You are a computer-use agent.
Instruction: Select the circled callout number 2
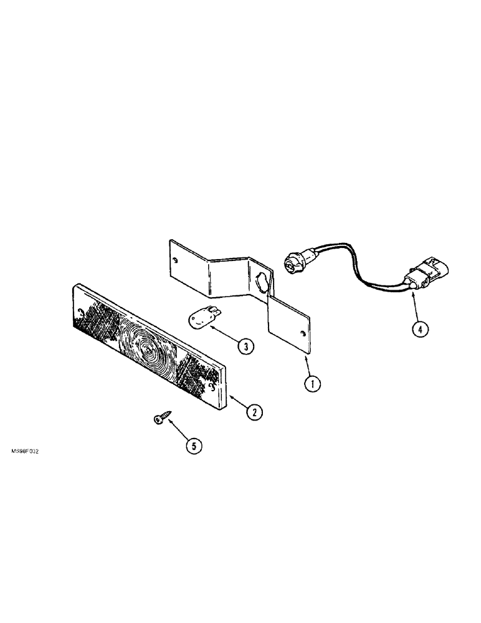253,411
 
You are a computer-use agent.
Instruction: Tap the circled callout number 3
247,347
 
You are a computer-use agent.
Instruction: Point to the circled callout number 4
421,331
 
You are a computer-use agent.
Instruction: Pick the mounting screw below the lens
161,419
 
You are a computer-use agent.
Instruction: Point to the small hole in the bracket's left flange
176,260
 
